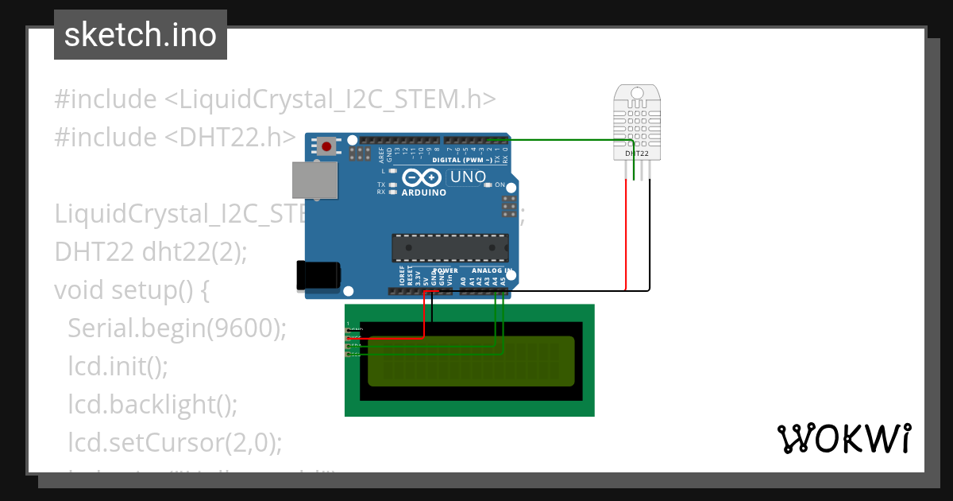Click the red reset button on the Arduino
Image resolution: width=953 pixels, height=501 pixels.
tap(326, 146)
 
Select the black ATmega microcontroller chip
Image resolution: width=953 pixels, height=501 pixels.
tap(449, 248)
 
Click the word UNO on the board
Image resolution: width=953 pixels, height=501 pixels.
tap(468, 177)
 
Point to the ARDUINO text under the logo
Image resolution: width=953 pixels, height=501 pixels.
tap(423, 192)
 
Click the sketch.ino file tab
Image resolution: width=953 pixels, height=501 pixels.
tap(140, 35)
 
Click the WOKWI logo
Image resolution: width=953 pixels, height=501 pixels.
tap(843, 439)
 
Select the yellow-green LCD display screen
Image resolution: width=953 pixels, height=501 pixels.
tap(470, 362)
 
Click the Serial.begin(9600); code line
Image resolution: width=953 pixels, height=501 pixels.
tap(176, 328)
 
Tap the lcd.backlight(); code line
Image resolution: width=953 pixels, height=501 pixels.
tap(152, 404)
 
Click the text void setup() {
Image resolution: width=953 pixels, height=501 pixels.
tap(132, 290)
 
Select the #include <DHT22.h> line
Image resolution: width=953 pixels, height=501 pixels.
tap(175, 137)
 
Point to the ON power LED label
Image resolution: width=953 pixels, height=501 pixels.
tap(500, 184)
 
